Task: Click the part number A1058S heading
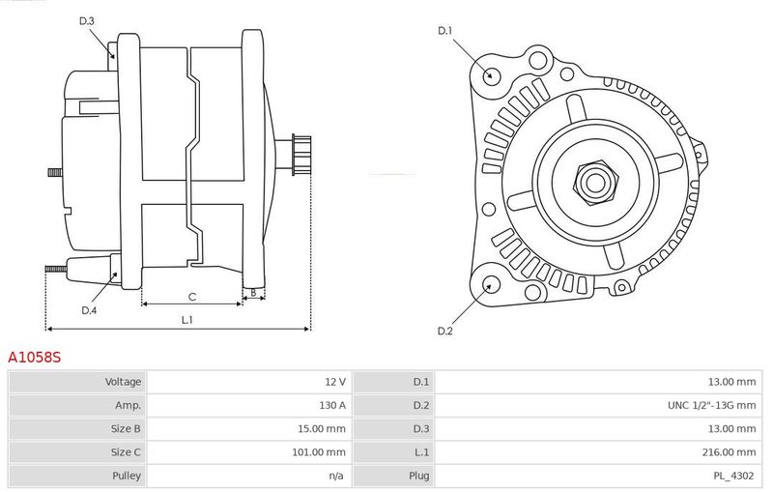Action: coord(34,357)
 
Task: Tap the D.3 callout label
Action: coord(87,20)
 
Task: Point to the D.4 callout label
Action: coord(89,310)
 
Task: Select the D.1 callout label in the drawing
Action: coord(445,31)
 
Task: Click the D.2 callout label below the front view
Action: coord(445,331)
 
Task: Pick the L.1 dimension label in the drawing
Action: coord(186,320)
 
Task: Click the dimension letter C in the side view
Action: coord(192,297)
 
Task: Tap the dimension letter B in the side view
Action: coord(253,293)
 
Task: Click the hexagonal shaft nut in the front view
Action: coord(595,183)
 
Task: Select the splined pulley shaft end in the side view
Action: coord(301,155)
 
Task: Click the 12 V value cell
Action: coord(335,382)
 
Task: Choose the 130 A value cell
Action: coord(332,405)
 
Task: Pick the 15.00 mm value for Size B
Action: coord(322,429)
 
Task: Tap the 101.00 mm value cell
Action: coord(319,452)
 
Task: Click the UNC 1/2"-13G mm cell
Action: coord(711,405)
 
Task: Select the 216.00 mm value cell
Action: coord(730,452)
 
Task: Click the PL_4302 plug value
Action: coord(734,476)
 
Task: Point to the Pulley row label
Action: coord(127,476)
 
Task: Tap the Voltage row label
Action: coord(123,382)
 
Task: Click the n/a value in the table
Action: coord(336,476)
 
